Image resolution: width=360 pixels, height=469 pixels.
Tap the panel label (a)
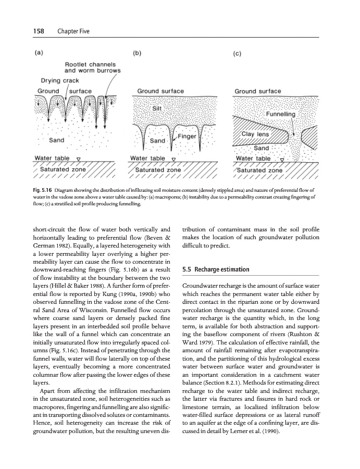point(39,53)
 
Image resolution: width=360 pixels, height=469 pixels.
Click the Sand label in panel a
point(56,140)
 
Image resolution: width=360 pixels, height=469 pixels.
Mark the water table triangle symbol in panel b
point(173,159)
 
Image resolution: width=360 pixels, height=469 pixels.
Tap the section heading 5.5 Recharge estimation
point(213,269)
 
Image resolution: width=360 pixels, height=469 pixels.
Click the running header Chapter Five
point(73,32)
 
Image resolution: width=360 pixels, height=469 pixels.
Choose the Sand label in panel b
point(157,141)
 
